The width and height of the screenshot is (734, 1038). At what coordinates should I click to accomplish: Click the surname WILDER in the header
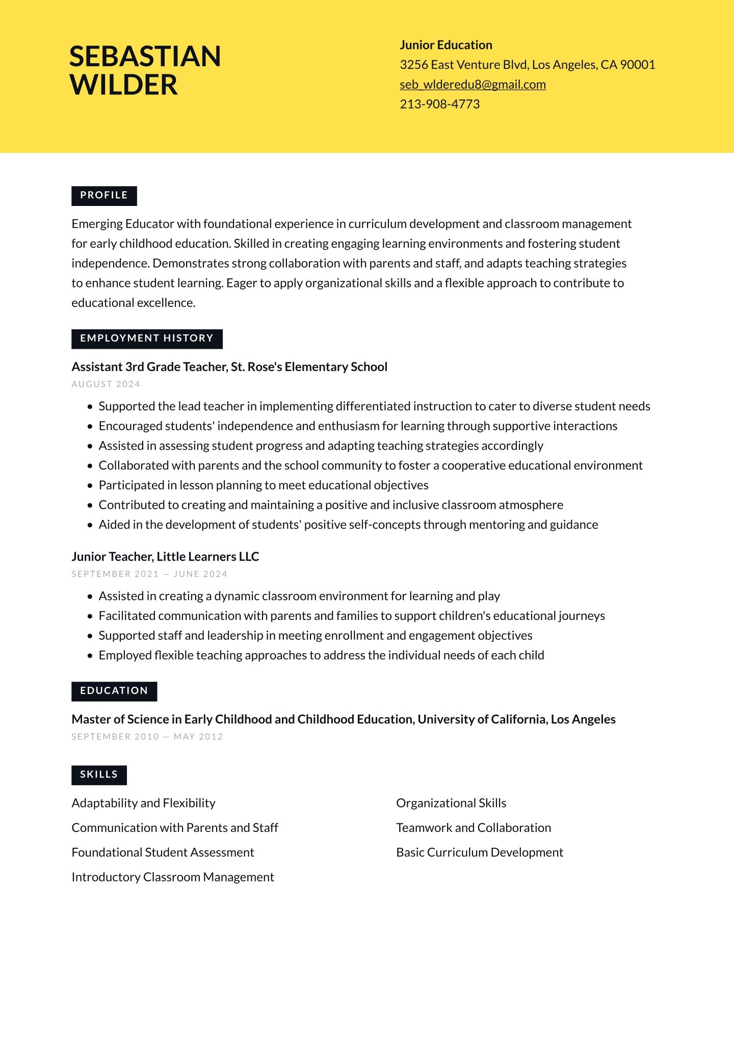pos(123,85)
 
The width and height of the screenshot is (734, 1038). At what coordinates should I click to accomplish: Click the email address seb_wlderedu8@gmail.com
pos(473,85)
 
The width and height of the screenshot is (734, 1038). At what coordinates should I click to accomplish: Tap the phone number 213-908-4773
pos(439,105)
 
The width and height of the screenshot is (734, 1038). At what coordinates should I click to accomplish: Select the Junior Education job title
pos(445,45)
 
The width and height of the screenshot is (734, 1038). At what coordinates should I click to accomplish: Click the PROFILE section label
pos(104,196)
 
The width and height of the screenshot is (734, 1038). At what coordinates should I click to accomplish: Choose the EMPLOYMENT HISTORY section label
pos(147,339)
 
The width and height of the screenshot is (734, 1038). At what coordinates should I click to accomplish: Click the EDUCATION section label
pos(114,691)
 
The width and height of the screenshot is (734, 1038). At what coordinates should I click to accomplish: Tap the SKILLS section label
pos(99,774)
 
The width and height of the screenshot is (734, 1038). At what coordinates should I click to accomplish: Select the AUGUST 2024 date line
pos(106,384)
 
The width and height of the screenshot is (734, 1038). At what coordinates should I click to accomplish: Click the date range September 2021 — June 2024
pos(149,574)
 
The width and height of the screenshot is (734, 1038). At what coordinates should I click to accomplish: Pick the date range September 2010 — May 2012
pos(147,737)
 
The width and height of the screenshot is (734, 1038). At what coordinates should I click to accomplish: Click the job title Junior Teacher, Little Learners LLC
pos(165,557)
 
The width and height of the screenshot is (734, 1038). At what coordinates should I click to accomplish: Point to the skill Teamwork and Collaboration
pos(474,828)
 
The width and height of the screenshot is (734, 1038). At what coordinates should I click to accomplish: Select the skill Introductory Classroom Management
pos(173,877)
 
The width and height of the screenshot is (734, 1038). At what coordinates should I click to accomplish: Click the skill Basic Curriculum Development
pos(480,852)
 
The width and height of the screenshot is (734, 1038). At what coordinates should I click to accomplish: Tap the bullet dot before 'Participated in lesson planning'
pos(90,486)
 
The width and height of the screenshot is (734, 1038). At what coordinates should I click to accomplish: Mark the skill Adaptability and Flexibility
pos(143,803)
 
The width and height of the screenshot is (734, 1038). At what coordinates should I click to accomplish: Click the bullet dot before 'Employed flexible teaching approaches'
pos(90,656)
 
